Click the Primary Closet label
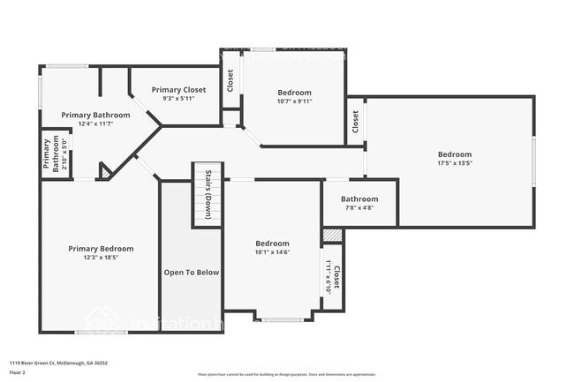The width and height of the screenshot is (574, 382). [x=177, y=89]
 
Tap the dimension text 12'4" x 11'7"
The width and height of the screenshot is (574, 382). [x=95, y=124]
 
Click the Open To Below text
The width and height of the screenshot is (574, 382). [x=191, y=273]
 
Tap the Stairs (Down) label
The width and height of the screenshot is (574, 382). [x=208, y=194]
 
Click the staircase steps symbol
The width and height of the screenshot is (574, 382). [x=207, y=207]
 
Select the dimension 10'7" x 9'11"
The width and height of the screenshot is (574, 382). [x=294, y=101]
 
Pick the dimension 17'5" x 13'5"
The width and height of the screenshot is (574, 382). [x=455, y=163]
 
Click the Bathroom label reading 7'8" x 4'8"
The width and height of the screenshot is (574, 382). [x=359, y=199]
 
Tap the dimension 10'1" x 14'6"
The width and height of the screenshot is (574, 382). [x=272, y=252]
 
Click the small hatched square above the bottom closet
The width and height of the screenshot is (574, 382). [x=332, y=236]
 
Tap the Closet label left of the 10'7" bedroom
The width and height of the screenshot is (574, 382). [x=230, y=81]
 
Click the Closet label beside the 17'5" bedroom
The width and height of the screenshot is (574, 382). [x=355, y=121]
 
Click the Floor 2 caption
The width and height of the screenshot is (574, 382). [x=19, y=371]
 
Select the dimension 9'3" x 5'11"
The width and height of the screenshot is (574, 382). [x=177, y=98]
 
